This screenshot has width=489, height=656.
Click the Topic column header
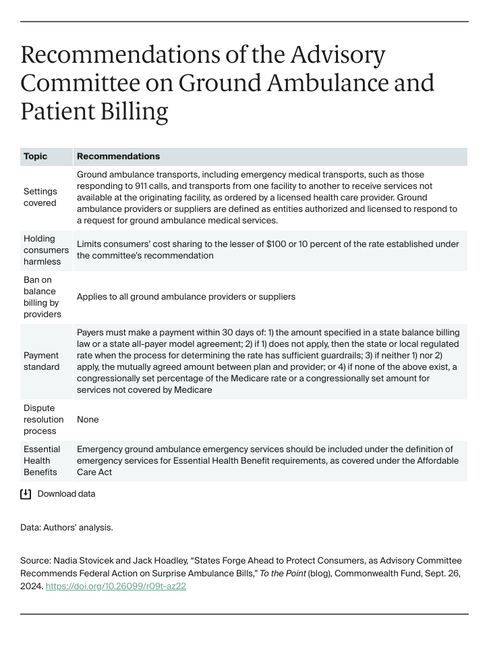coord(36,157)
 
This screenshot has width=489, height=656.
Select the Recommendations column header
coord(118,157)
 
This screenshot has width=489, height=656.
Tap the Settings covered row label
coord(40,197)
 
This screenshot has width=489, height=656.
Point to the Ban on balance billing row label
coord(42,297)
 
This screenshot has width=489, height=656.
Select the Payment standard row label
coord(42,361)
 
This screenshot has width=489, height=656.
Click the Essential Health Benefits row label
coord(42,460)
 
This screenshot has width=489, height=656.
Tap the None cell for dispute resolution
coord(88,420)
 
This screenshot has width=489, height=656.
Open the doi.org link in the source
coord(115,586)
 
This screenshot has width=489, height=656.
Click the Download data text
coord(66,494)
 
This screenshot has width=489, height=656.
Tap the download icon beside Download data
coord(26,494)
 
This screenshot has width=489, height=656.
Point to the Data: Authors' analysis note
coord(67,528)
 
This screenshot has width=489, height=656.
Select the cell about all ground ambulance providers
coord(185,297)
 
